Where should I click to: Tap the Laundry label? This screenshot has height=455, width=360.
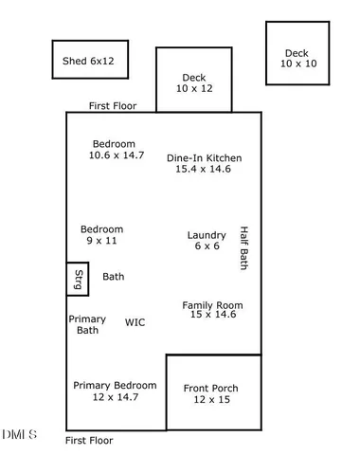207,235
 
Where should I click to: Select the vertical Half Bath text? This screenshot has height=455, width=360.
243,248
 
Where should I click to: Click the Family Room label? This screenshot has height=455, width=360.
212,305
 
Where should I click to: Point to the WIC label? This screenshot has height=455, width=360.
135,322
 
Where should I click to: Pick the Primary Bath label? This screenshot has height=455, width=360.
87,325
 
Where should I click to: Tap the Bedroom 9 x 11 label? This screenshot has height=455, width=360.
101,229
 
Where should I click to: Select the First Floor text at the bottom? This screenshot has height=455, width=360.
89,441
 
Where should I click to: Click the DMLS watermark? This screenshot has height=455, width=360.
20,434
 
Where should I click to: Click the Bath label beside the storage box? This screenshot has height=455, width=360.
114,277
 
